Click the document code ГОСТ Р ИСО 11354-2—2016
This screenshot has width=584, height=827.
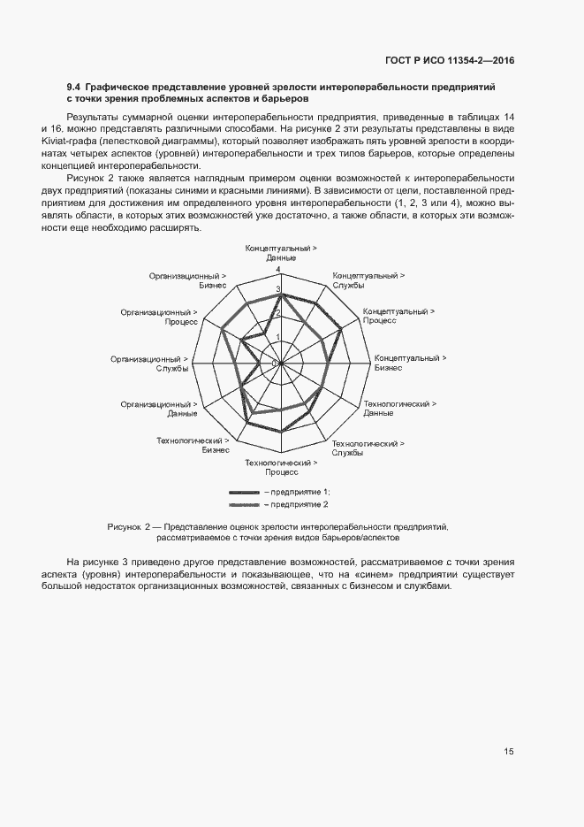449,61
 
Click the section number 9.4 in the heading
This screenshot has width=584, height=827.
74,88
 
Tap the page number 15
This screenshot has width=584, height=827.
509,752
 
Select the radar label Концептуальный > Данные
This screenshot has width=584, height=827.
282,252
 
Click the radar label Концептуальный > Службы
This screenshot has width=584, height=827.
368,280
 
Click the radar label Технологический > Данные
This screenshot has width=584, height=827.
399,408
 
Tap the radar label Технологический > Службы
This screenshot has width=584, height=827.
368,448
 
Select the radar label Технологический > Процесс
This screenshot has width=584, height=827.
281,468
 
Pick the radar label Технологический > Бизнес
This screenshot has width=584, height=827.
193,445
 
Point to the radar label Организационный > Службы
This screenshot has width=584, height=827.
148,364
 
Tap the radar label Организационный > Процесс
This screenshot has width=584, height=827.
159,317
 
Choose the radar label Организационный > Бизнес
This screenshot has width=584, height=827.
189,280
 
